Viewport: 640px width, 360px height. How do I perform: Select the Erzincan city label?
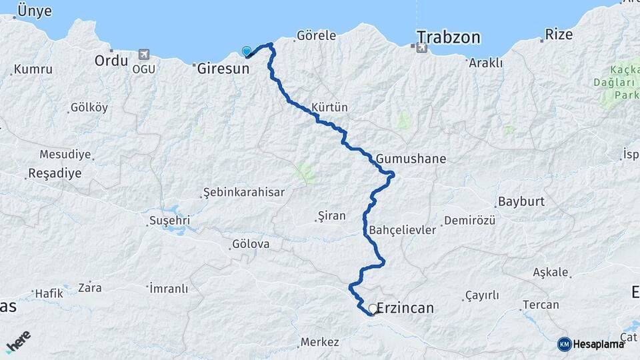405,308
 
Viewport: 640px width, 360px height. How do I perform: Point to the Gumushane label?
411,159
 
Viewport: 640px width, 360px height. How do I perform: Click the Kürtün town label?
329,107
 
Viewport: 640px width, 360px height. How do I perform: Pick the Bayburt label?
521,201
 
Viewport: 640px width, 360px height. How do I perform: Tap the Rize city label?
559,35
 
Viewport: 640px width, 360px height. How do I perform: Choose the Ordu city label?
111,61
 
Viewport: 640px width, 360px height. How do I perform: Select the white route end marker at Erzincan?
372,309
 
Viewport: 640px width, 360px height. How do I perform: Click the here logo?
18,341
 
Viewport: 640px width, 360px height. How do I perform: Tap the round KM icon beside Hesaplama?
564,344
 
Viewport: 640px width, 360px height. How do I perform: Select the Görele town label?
316,35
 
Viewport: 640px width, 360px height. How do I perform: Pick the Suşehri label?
169,219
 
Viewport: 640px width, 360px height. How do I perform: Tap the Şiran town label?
332,215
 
